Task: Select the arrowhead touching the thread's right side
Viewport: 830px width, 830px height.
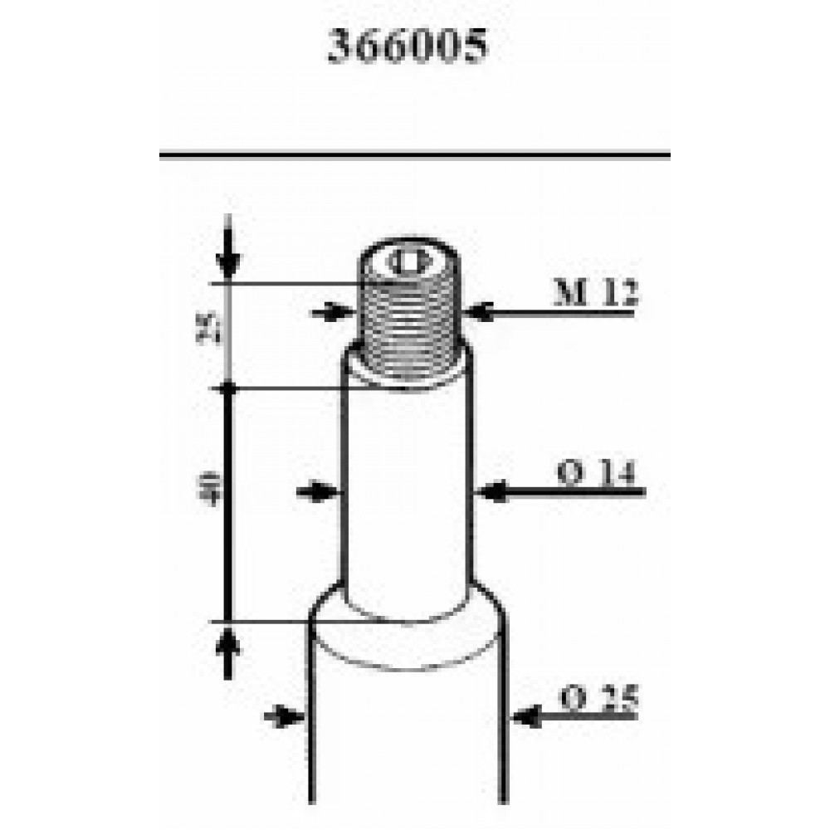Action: [x=478, y=312]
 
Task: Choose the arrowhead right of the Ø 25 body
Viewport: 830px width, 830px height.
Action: [x=526, y=715]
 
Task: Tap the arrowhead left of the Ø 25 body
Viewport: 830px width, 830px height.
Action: [x=290, y=715]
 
